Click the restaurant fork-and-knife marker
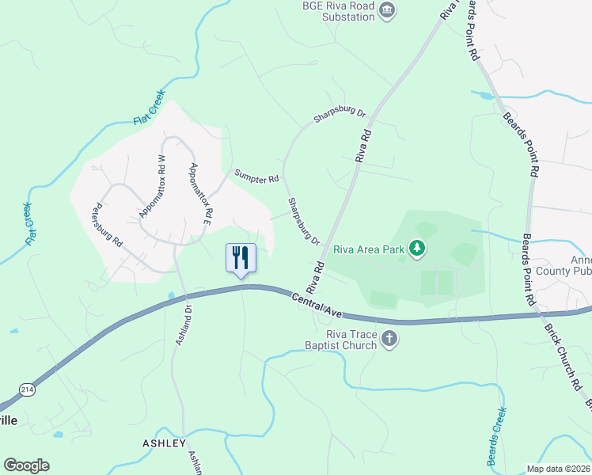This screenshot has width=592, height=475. coord(241,258)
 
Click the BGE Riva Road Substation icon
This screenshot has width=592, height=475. coord(388,10)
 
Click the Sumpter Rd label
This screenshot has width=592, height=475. coord(256,177)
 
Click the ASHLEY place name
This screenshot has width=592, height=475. coord(164,443)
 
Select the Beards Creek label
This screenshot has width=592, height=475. coord(495,435)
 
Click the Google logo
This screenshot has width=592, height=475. coord(26,465)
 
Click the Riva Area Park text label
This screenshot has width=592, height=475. coord(369,249)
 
